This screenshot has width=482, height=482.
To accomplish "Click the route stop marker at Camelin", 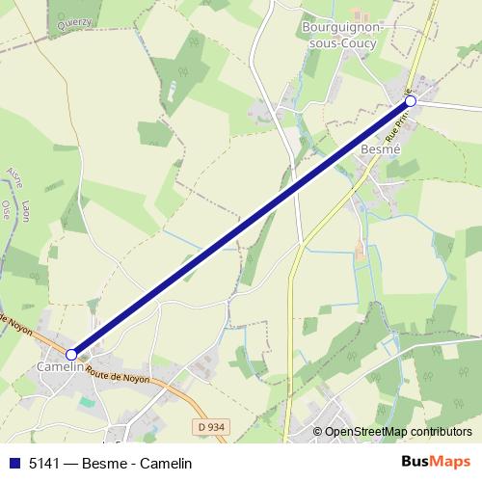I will coord(71,355).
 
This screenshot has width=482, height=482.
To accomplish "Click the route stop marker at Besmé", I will coord(411,100).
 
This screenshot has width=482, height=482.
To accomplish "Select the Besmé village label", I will coord(379,150).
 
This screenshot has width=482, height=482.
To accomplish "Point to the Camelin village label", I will coord(59,367).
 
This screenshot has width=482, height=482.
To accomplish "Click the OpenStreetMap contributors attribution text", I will coord(398,432).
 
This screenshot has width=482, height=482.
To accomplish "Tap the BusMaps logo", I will coord(436,463).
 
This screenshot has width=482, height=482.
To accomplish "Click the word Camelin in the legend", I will coord(166,464).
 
